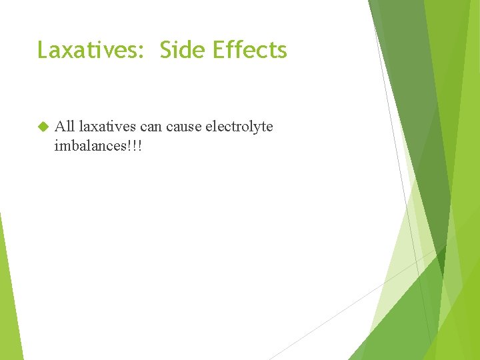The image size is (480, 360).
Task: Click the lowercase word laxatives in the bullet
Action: pos(107,126)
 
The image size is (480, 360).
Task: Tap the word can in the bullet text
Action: pos(151,127)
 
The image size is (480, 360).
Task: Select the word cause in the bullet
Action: pos(183,127)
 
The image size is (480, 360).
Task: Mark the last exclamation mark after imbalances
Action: pos(140,145)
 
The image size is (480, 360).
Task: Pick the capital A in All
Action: pos(59,126)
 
